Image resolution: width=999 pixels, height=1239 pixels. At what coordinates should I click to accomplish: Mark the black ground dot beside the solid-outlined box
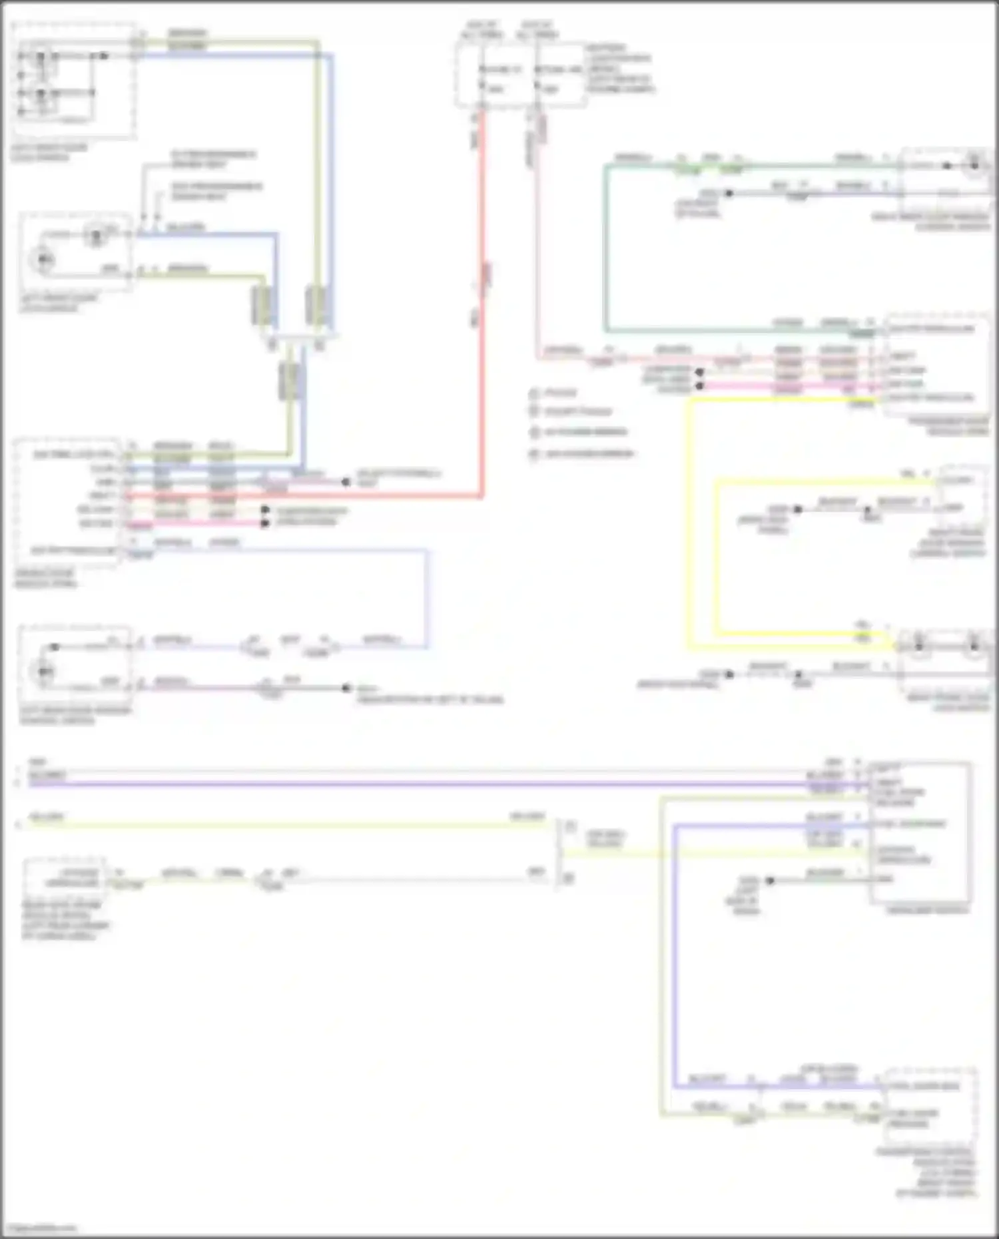(x=770, y=880)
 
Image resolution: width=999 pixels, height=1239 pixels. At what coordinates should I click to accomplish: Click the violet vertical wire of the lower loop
(x=673, y=959)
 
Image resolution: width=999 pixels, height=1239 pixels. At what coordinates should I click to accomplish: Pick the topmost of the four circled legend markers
(x=533, y=393)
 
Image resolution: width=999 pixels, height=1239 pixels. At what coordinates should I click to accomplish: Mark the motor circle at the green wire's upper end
(x=975, y=164)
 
